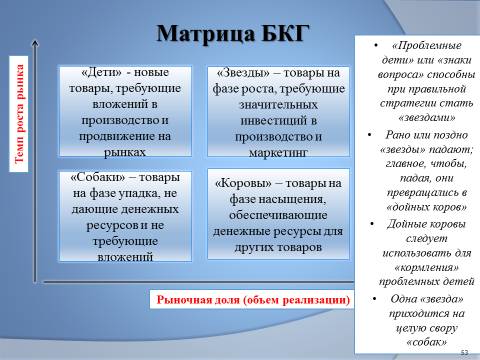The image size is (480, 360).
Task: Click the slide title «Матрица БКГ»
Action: pyautogui.click(x=233, y=34)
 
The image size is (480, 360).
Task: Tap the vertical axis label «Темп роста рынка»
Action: pyautogui.click(x=19, y=114)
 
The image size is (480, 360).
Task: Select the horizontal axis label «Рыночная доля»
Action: pyautogui.click(x=198, y=300)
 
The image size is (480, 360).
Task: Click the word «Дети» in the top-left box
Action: pyautogui.click(x=101, y=72)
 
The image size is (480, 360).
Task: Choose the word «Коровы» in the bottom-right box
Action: pyautogui.click(x=243, y=183)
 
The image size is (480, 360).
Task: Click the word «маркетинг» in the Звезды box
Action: pyautogui.click(x=278, y=153)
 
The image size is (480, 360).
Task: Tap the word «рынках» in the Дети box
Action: pyautogui.click(x=125, y=152)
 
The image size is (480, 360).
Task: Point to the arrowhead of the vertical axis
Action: pyautogui.click(x=35, y=42)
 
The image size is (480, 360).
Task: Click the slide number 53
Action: pyautogui.click(x=464, y=352)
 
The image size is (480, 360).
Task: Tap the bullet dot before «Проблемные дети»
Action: pyautogui.click(x=376, y=45)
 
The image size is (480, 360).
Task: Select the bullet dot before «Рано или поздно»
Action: pyautogui.click(x=369, y=135)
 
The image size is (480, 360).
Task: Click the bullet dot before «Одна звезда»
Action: pyautogui.click(x=375, y=298)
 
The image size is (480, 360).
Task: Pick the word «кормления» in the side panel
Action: pyautogui.click(x=427, y=267)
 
